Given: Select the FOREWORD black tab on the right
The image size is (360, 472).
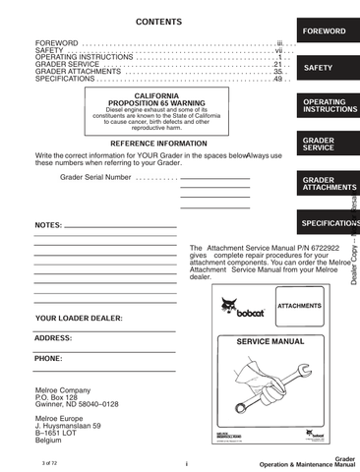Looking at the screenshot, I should (324, 31).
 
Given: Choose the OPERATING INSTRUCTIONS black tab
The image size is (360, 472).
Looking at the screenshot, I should (324, 105).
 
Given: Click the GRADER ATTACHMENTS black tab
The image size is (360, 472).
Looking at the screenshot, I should (324, 184).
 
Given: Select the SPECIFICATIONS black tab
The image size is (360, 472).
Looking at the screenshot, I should (326, 224).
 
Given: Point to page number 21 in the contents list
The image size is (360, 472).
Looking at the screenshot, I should (277, 65).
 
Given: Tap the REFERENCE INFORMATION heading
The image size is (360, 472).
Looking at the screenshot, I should (157, 144).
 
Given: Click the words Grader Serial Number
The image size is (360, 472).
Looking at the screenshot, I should (94, 178).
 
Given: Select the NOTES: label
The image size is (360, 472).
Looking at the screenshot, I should (48, 225).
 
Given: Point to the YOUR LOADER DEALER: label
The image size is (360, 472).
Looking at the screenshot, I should (79, 320).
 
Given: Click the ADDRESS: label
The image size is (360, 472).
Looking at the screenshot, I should (53, 338).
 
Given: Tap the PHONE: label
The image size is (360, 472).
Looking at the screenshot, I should (48, 359).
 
